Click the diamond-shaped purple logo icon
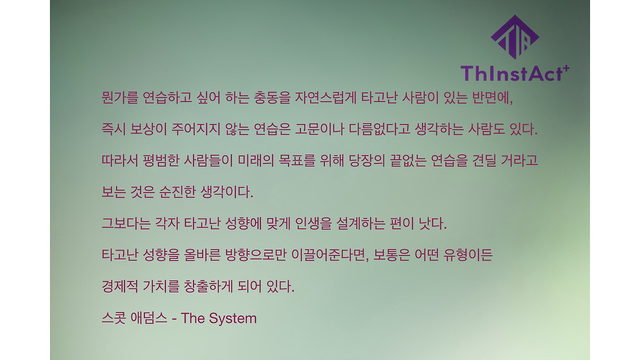pyautogui.click(x=514, y=37)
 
